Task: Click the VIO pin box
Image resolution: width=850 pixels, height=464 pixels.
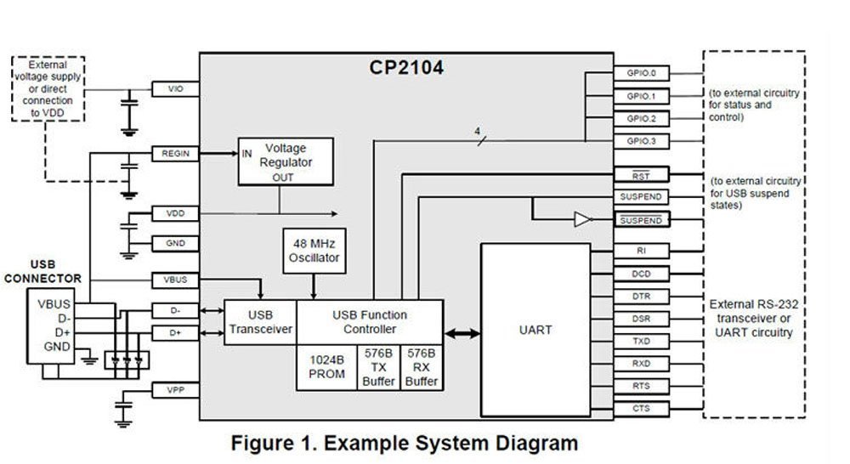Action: [175, 88]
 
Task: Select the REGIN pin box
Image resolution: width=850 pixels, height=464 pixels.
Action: [175, 154]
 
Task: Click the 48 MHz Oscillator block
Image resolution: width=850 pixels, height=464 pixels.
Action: [314, 251]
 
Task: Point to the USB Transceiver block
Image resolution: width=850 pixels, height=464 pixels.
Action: [260, 322]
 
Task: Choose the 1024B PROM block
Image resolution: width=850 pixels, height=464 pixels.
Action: [326, 367]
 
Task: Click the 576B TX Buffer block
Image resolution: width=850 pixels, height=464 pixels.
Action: [379, 367]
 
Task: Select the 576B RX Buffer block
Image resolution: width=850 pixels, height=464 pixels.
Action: [422, 367]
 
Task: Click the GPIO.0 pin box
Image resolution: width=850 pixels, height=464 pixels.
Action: [641, 74]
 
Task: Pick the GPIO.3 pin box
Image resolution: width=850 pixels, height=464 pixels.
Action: [641, 140]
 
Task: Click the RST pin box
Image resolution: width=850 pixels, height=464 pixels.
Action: [641, 175]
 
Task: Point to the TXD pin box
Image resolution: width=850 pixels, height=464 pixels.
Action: [641, 340]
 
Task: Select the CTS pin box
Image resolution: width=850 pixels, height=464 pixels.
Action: [641, 409]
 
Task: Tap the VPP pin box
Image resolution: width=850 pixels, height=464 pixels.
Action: [175, 390]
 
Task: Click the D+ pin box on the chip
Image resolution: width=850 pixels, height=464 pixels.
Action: [175, 333]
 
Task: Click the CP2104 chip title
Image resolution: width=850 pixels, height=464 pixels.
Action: [405, 67]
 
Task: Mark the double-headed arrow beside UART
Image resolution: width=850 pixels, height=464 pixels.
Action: [462, 334]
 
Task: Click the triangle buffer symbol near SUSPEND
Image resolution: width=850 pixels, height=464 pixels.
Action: [581, 220]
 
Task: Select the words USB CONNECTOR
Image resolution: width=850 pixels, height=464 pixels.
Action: [43, 271]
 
